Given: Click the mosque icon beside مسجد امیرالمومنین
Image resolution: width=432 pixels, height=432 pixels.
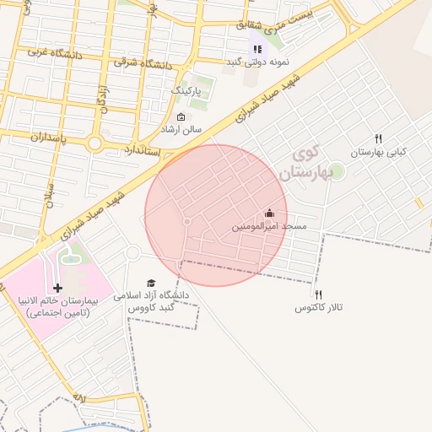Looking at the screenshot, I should pyautogui.click(x=269, y=213).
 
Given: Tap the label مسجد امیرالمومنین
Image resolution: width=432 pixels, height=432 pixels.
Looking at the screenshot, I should pyautogui.click(x=269, y=227).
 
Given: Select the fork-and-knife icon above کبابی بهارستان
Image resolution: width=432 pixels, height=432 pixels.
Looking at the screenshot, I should pyautogui.click(x=379, y=138).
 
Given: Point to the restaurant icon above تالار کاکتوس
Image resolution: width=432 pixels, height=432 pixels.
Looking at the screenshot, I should pyautogui.click(x=318, y=294).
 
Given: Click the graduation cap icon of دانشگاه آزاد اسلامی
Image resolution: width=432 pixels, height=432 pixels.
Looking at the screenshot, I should pyautogui.click(x=151, y=283).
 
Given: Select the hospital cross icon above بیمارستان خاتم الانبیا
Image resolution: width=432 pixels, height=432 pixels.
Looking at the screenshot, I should pyautogui.click(x=57, y=289).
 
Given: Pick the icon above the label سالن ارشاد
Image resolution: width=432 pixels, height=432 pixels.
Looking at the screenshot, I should pyautogui.click(x=181, y=117).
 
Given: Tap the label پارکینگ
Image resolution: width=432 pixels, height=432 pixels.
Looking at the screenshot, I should pyautogui.click(x=186, y=89).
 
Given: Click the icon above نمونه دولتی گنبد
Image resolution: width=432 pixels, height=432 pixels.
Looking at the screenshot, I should pyautogui.click(x=257, y=49).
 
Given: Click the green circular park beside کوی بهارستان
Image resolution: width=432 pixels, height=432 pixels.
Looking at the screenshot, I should pyautogui.click(x=337, y=170).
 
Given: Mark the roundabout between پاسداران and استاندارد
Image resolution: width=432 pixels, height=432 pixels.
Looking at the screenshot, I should pyautogui.click(x=94, y=144).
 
